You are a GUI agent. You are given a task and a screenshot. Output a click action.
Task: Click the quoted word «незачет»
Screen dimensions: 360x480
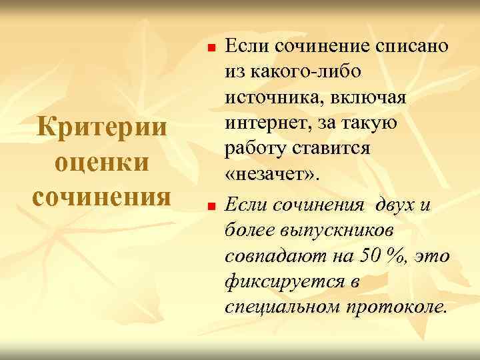tap(273, 176)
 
